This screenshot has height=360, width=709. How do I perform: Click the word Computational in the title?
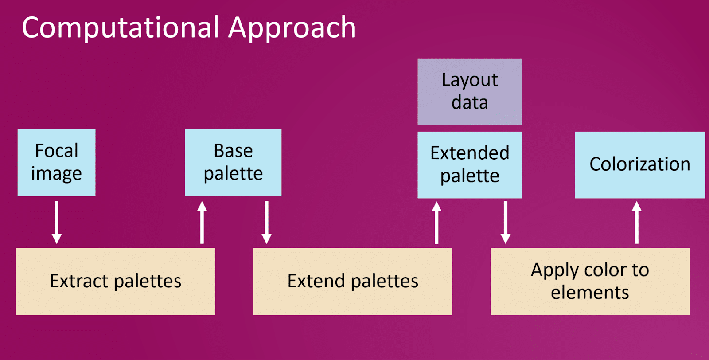120,28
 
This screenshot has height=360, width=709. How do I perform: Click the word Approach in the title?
292,28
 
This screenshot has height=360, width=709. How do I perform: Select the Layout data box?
470,91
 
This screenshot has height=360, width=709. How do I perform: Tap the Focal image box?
56,162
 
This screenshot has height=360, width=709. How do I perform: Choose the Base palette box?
233,162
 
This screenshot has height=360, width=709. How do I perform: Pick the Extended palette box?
470,165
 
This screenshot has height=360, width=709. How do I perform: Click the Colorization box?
640,165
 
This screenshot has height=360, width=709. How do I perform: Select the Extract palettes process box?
116,282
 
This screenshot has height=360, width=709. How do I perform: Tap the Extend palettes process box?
353,282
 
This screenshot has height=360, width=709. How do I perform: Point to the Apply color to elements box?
590,282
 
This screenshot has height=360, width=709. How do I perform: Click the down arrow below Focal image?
57,222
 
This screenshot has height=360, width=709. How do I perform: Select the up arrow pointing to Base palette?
202,222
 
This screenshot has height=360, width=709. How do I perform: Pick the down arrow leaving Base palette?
266,222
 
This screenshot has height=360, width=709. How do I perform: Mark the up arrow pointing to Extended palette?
437,222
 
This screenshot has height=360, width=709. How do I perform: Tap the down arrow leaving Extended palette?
506,222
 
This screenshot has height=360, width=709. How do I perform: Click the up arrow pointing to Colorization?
636,222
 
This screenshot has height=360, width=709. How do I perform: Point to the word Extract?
79,281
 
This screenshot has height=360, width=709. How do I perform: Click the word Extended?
470,153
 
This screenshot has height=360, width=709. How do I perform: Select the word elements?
590,292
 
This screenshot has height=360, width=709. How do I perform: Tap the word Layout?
470,80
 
